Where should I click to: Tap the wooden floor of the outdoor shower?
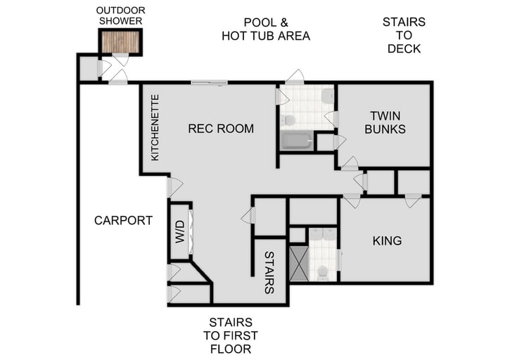pos(120,42)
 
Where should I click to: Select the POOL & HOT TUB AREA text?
pos(265,29)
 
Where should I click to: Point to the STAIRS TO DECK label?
pos(403,36)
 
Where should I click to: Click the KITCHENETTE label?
pos(155,127)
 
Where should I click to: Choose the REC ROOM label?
pos(220,129)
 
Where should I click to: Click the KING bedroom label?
pos(387,240)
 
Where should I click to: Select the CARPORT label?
pos(123,220)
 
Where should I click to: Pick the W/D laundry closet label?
pos(179,231)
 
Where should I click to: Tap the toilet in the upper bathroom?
pos(288,120)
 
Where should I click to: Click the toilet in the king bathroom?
pos(324,271)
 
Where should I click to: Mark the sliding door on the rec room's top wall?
pos(209,83)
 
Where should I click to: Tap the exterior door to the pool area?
pos(295,77)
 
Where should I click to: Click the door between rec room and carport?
pos(172,187)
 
